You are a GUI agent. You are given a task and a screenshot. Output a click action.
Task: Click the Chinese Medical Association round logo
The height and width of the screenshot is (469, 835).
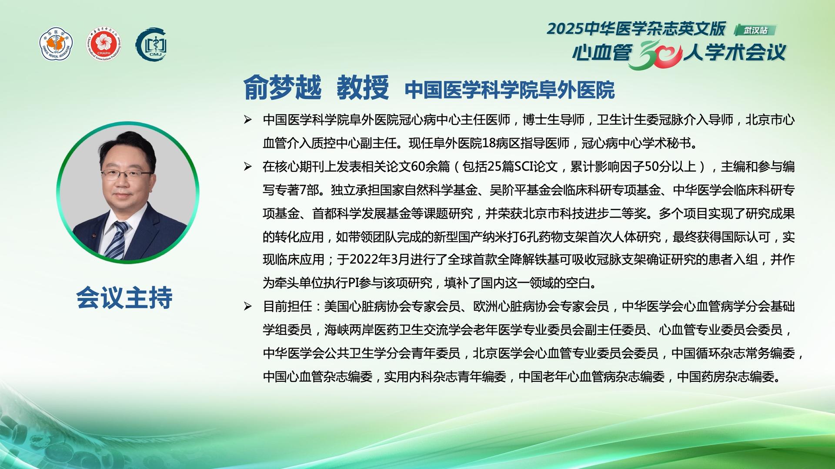(x=56, y=45)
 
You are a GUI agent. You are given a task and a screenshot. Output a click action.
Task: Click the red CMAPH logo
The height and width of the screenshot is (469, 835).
(x=104, y=45)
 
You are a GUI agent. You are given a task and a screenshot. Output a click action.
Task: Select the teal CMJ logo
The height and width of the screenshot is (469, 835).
(x=152, y=45)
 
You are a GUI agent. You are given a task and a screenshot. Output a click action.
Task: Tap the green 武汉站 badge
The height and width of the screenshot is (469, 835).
(x=755, y=30)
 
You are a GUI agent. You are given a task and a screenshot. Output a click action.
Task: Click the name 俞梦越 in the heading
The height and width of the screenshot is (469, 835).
(x=282, y=88)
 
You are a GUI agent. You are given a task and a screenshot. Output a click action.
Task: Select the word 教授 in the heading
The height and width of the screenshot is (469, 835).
(x=363, y=88)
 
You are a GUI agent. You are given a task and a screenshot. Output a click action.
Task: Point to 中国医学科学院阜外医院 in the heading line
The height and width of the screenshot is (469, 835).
(x=510, y=90)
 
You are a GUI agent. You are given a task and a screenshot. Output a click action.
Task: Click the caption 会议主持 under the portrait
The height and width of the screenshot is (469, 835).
(x=125, y=298)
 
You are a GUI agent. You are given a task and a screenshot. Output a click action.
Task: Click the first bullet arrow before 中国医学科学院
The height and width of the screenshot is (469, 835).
(x=248, y=120)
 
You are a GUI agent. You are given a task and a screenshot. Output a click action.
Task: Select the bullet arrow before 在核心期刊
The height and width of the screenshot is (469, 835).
(x=248, y=166)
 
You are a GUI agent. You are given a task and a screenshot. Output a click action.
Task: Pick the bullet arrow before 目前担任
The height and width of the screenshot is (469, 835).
(x=248, y=307)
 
